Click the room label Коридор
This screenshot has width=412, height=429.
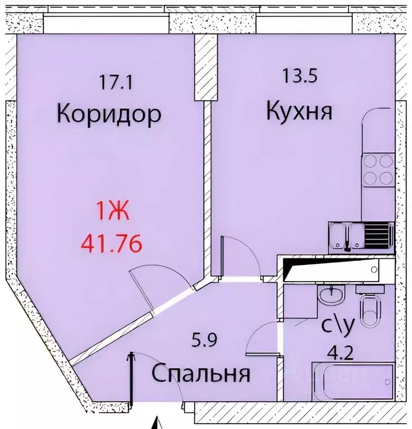point(109,114)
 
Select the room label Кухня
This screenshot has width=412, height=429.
point(299,111)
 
